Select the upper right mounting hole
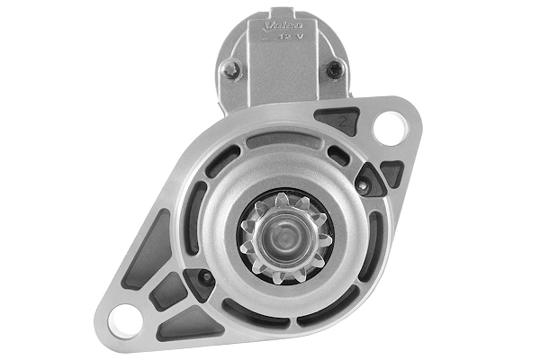[389, 128]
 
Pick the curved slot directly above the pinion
[281, 140]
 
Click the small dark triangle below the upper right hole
[391, 173]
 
